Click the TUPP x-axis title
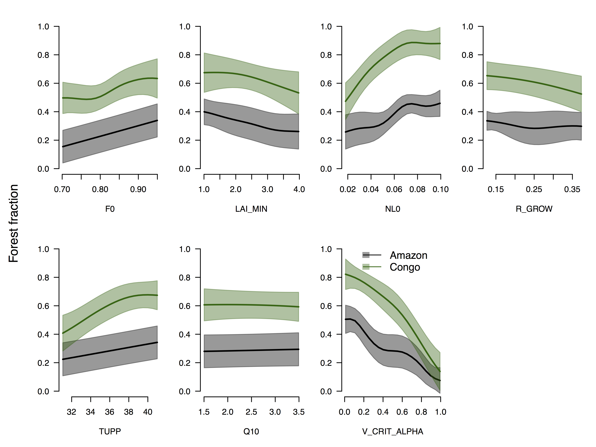click(110, 431)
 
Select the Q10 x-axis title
click(251, 431)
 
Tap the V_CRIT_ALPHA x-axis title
click(393, 431)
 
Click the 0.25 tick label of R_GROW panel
click(534, 189)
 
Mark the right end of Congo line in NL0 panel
click(440, 43)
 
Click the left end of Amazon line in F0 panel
click(63, 147)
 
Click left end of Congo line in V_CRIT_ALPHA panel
click(345, 274)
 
